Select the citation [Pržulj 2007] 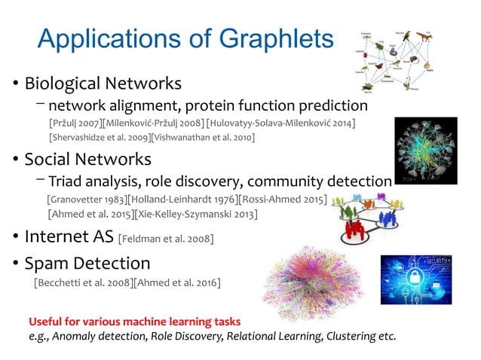pos(73,123)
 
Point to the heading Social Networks pos(87,160)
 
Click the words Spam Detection pos(87,264)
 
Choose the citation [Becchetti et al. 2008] pos(82,282)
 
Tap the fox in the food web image pos(427,35)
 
